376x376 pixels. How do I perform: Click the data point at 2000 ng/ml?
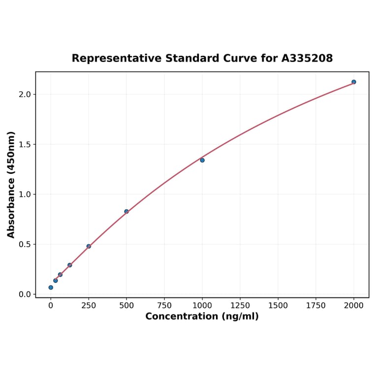pos(353,82)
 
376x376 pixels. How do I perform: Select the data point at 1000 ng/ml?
pos(202,160)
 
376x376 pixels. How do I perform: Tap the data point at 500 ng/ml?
pos(126,212)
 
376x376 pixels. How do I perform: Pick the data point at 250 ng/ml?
pos(89,246)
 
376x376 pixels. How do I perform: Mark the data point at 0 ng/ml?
pos(51,287)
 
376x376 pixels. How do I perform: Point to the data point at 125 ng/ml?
pos(70,265)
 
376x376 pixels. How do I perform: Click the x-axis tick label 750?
pos(164,306)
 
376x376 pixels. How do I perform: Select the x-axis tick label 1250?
pos(240,306)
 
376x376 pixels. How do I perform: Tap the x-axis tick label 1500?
pos(278,306)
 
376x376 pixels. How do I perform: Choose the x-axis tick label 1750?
pos(316,306)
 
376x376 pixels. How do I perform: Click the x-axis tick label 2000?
pos(354,306)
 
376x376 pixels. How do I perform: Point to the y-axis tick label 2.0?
pos(24,94)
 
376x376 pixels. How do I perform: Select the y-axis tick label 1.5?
pos(24,144)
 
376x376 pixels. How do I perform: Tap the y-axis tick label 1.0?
pos(24,194)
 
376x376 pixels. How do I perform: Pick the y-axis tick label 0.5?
pos(24,245)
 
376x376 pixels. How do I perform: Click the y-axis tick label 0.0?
pos(24,294)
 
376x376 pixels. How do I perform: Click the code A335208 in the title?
pos(307,58)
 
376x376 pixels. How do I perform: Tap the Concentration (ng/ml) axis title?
pos(202,316)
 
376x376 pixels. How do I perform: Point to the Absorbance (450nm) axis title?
pos(11,185)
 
